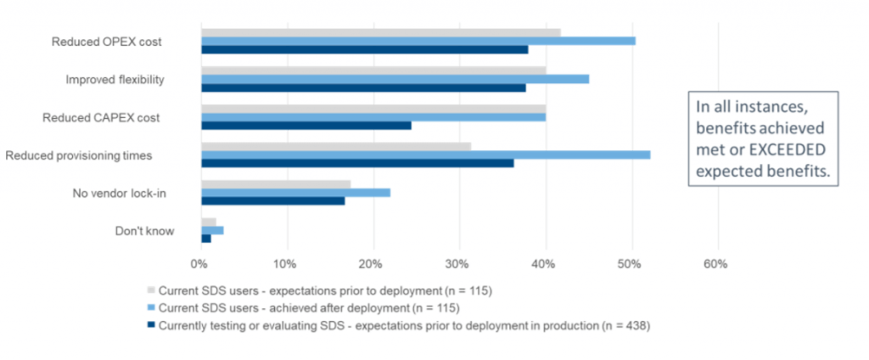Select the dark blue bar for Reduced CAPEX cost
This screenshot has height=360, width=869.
(x=306, y=126)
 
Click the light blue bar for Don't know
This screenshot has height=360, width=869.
(x=212, y=230)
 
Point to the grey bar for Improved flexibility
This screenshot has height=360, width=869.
(x=373, y=70)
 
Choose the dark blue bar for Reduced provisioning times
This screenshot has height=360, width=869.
(x=357, y=163)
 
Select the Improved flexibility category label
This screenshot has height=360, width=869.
(x=115, y=79)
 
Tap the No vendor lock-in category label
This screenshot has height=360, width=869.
(x=119, y=194)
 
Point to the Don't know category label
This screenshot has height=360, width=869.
(x=144, y=230)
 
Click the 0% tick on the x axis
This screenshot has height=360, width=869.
(x=199, y=264)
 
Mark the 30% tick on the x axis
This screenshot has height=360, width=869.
(x=458, y=264)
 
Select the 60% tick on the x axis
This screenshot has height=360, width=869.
(x=715, y=264)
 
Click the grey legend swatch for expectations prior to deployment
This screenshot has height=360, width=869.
(x=151, y=291)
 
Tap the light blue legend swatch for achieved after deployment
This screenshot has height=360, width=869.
(x=151, y=307)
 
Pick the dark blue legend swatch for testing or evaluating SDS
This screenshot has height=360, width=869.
(x=151, y=324)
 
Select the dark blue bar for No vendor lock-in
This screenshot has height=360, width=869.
(x=272, y=201)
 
